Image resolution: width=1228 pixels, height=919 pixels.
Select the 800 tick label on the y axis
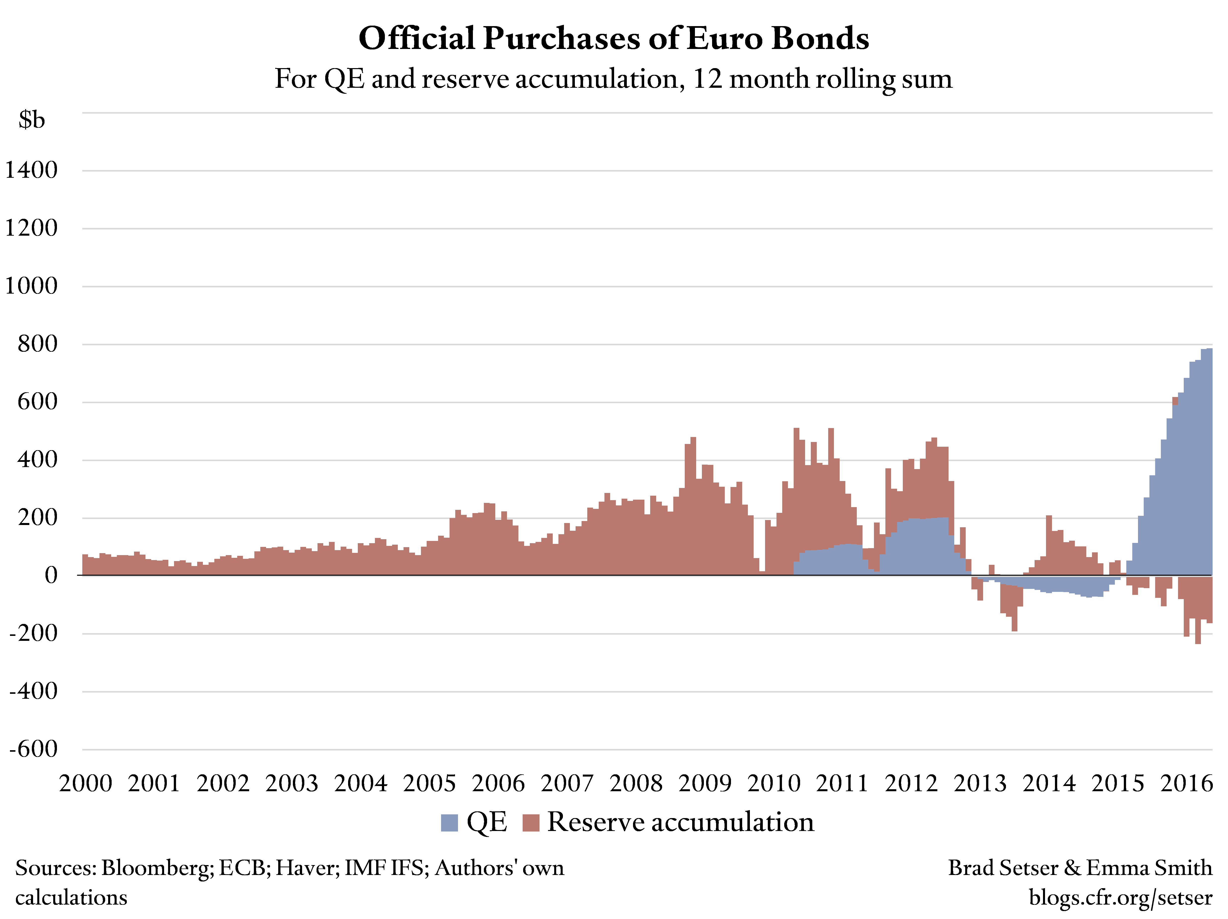[x=37, y=344]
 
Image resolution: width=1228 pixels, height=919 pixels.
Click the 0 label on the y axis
[x=51, y=575]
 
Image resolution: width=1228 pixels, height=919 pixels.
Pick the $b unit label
[x=32, y=120]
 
